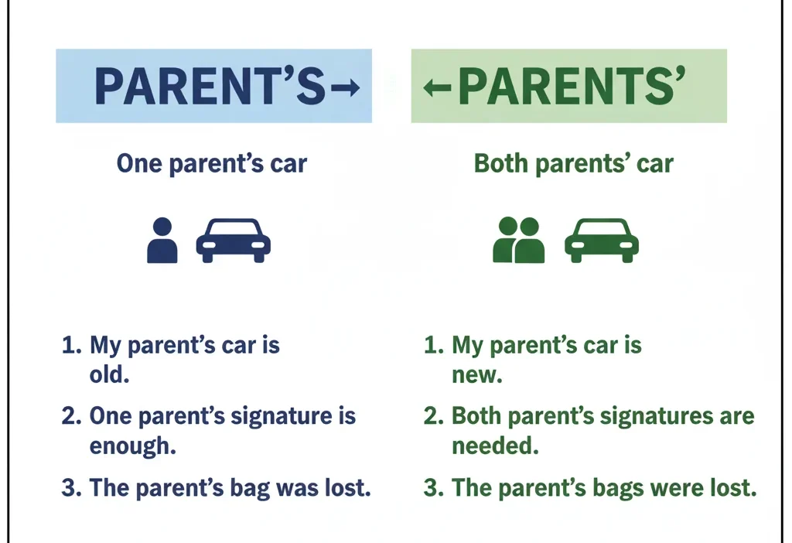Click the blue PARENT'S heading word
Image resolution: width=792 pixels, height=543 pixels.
point(209,87)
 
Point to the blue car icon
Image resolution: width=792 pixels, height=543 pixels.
point(233,240)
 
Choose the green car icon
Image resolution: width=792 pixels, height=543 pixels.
point(602,240)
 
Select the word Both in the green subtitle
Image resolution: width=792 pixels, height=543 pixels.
point(500,164)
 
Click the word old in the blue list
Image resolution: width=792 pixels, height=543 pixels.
point(107,376)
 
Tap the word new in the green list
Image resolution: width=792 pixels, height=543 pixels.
point(477,376)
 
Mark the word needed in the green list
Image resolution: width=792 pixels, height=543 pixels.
point(495,446)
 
